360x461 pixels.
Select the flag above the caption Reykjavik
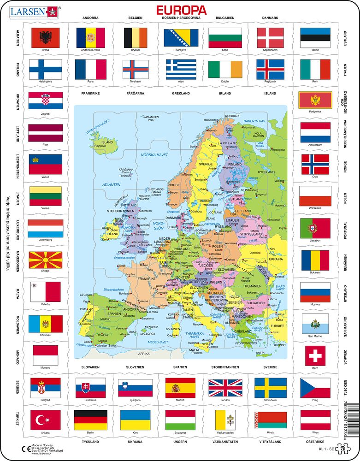[270, 69]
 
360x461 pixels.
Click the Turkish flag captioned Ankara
[45, 420]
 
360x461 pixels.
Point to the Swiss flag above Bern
[315, 355]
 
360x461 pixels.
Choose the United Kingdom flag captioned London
[225, 388]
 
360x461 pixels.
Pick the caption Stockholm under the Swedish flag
[270, 401]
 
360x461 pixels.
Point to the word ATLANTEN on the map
[112, 184]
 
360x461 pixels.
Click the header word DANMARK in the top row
[270, 18]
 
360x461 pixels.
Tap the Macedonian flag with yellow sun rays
[46, 260]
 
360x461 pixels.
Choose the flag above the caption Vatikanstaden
[225, 420]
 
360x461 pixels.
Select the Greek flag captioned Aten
[181, 69]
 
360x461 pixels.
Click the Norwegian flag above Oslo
[315, 165]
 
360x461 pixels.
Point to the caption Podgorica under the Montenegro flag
[315, 111]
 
